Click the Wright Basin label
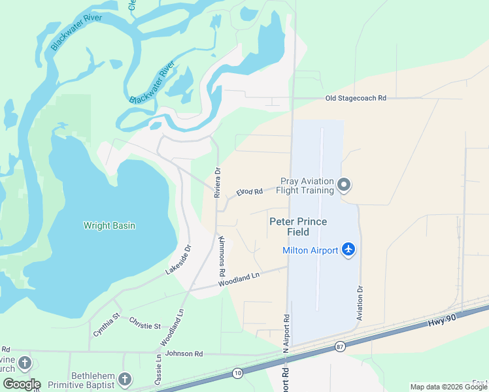coord(109,226)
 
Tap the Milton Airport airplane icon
coord(348,250)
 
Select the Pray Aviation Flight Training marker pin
coord(345,186)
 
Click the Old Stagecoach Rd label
coord(356,98)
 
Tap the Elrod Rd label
coord(249,192)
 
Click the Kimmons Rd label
coord(222,255)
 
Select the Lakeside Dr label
coord(178,259)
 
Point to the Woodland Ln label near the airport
coord(239,280)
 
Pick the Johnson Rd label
coord(184,353)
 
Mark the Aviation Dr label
coord(360,302)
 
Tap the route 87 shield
coord(339,346)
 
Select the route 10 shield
coord(237,373)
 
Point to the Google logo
coord(21,384)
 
